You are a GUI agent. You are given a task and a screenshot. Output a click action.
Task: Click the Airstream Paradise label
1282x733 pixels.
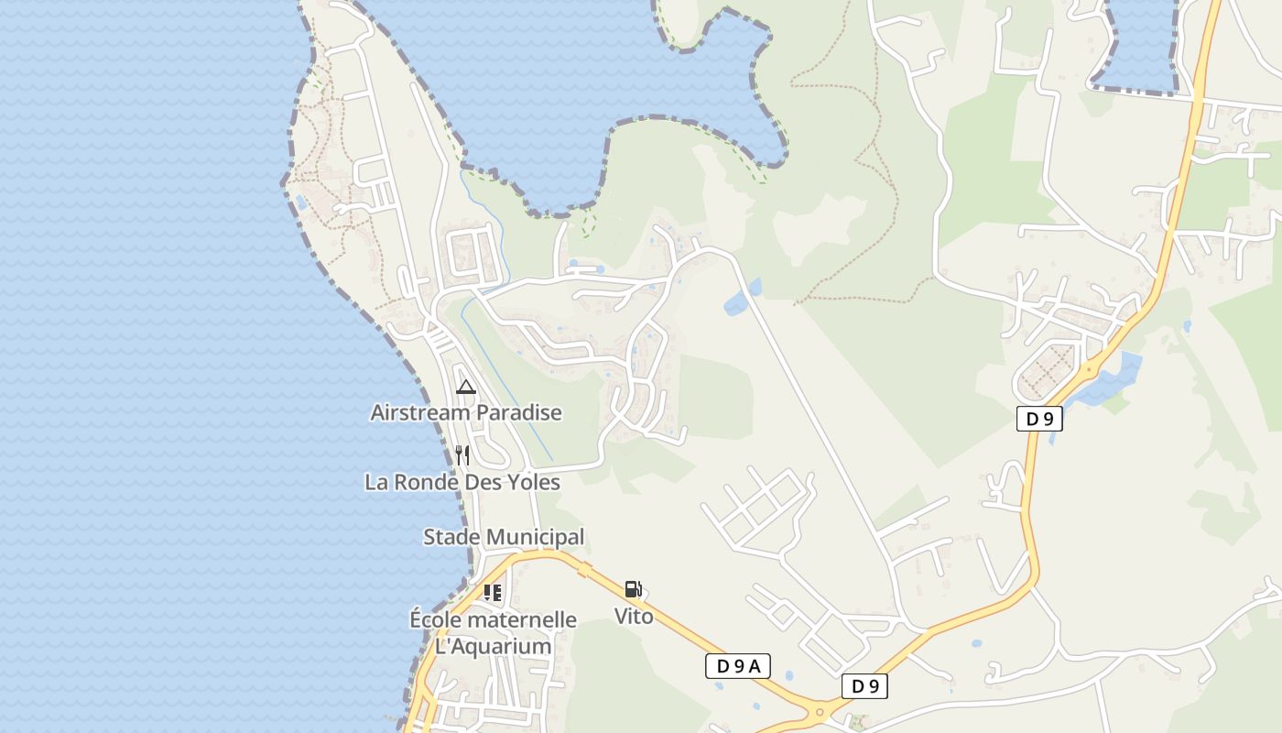coord(466,413)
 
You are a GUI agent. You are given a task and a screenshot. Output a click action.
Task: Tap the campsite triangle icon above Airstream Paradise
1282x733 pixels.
coord(466,387)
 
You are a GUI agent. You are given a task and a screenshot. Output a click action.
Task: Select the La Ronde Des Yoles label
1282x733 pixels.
coord(462,482)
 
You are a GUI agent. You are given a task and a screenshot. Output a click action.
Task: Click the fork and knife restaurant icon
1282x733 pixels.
coord(462,455)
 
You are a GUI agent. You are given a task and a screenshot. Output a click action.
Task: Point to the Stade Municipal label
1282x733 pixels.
coord(504,537)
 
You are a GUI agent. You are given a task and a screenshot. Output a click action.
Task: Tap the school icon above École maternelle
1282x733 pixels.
coord(493,593)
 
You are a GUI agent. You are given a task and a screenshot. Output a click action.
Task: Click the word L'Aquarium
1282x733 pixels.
coord(493,647)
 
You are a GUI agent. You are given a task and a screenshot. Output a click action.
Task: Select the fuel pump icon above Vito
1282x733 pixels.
coord(634,589)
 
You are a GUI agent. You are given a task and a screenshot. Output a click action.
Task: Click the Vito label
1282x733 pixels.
coord(634,617)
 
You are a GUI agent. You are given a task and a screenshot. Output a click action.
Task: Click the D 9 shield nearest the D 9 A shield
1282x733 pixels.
coord(864,686)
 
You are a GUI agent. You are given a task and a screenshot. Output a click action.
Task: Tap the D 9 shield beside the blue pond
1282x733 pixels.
coord(1039,420)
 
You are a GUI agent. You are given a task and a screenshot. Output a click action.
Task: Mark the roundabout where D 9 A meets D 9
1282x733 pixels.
coord(819,710)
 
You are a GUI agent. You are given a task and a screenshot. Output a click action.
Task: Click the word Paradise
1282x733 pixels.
coord(518,413)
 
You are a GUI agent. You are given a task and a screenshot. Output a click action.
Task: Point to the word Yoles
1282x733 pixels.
coord(529,482)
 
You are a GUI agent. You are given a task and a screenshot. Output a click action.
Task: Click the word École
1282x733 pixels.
coord(436,620)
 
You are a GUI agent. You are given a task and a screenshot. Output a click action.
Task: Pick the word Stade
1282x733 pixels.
coord(451,537)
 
